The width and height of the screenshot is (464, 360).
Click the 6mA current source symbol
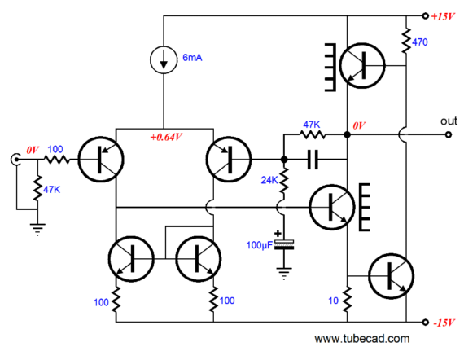[164, 59]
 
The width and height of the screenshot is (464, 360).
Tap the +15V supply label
[443, 16]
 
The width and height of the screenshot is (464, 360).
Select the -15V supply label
[444, 323]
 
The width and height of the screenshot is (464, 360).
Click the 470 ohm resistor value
[420, 42]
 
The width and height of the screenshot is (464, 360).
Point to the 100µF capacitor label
[259, 245]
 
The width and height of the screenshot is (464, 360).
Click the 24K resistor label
[269, 180]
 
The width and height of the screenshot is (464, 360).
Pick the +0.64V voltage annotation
[166, 137]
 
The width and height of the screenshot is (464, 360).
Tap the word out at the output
[449, 121]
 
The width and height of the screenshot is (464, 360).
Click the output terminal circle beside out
[449, 135]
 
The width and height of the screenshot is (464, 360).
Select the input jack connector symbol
[15, 160]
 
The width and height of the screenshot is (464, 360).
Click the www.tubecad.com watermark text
[362, 339]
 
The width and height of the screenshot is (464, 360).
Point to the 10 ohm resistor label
[333, 301]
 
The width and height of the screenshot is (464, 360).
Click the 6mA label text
[192, 58]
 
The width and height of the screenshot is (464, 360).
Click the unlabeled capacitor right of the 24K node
[313, 160]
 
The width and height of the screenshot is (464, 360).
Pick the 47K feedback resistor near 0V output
[313, 135]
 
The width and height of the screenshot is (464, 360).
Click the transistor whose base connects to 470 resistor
[362, 65]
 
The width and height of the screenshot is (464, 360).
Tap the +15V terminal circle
[425, 16]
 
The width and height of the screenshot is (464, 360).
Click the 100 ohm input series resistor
[56, 160]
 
